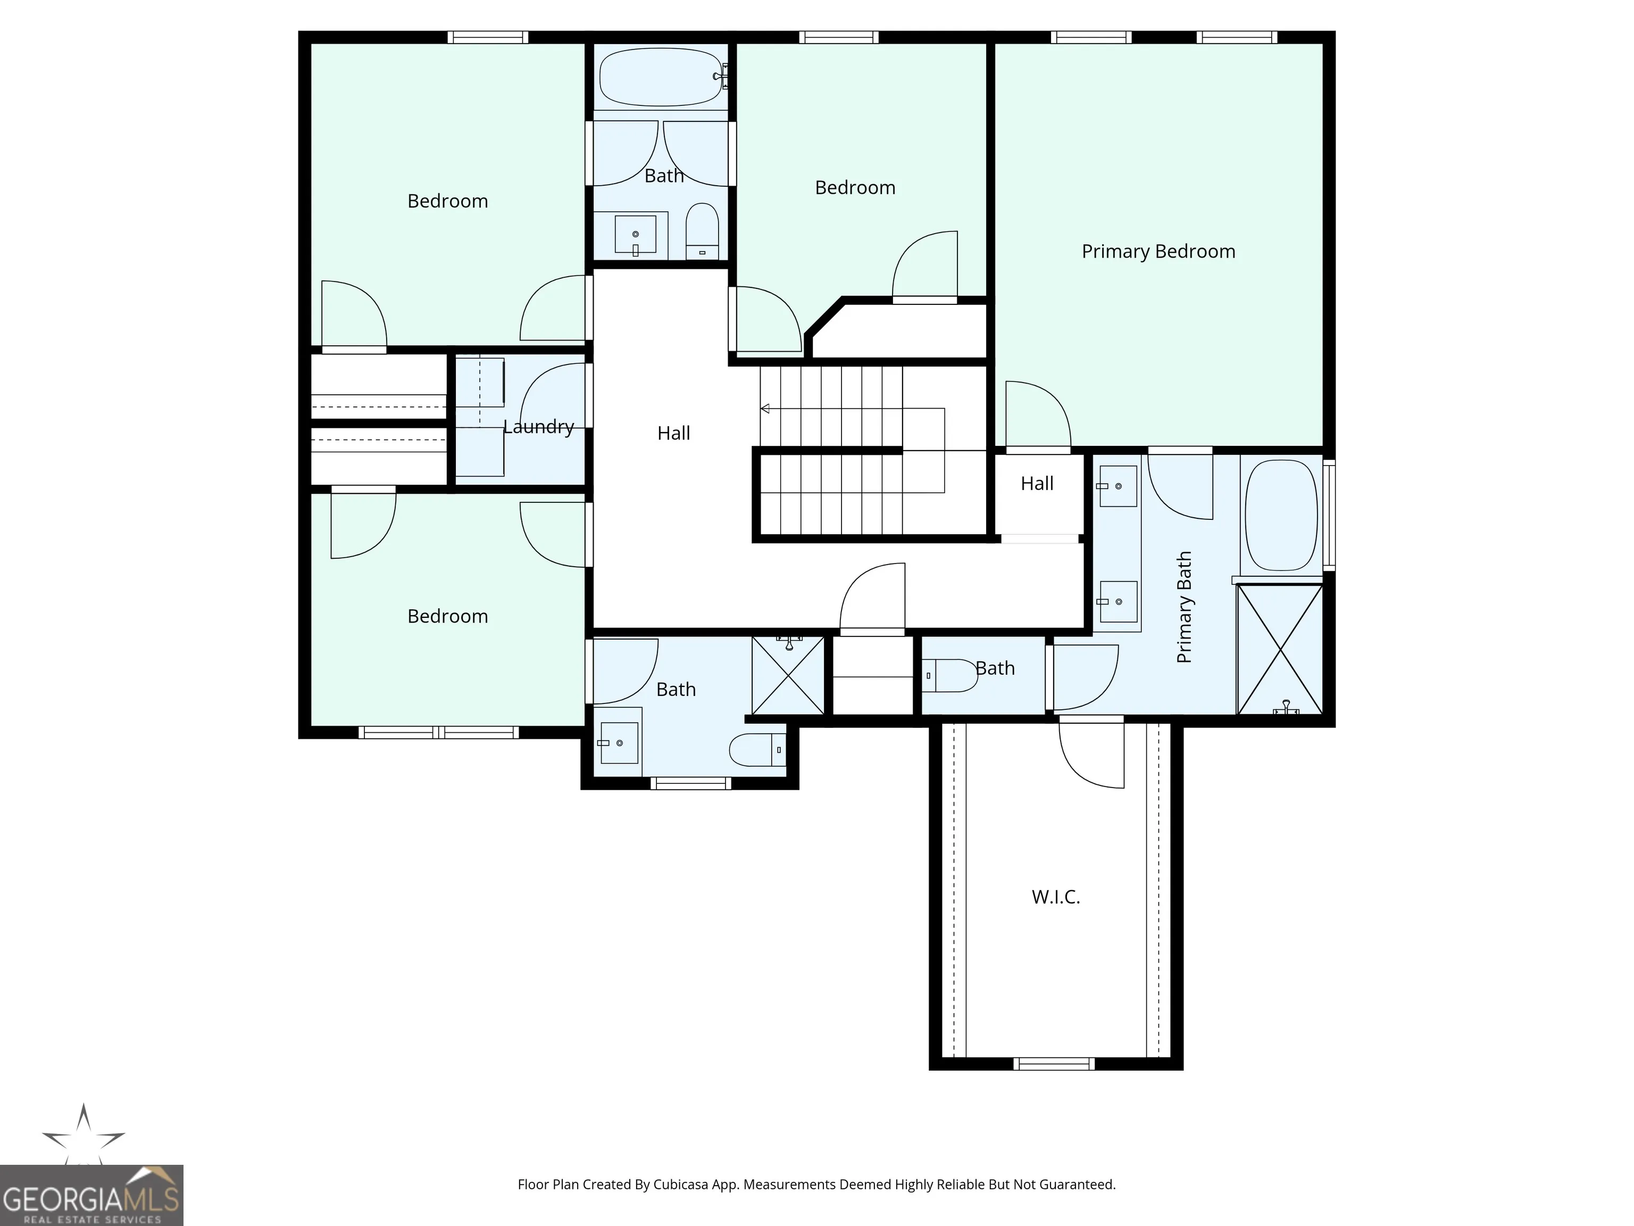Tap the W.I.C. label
pos(1056,897)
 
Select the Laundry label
pos(538,427)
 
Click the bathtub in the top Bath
pos(661,77)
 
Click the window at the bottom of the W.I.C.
pos(1054,1064)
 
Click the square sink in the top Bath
pos(635,234)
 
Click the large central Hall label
pos(674,433)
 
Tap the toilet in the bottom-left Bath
pos(758,750)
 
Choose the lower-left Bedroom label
pos(448,616)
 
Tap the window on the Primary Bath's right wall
pos(1329,515)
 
